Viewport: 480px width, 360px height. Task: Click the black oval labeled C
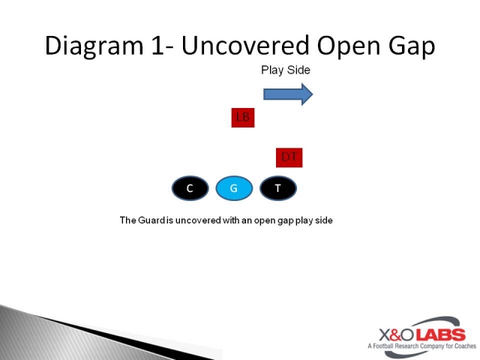190,188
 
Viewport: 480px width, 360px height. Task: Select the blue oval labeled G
234,188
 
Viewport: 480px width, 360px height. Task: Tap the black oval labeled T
278,188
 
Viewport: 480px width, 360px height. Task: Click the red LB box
243,117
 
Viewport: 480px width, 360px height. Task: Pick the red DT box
289,157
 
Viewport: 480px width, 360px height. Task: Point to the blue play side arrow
288,94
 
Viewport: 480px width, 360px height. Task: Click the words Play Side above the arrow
285,70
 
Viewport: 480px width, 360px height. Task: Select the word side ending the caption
324,220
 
